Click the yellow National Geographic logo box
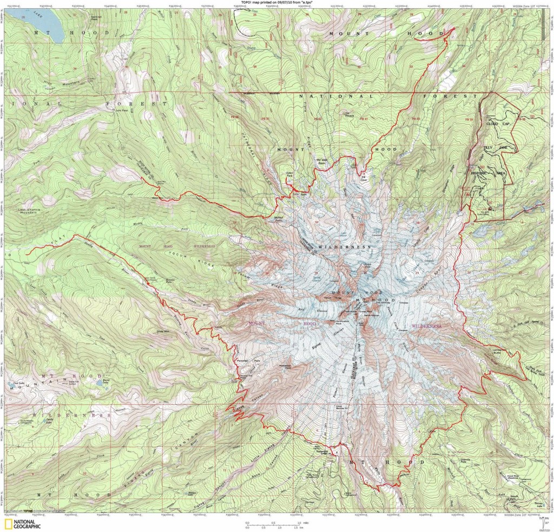coord(9,523)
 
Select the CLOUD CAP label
coord(499,124)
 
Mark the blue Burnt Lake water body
coord(105,381)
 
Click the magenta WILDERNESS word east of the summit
coord(426,326)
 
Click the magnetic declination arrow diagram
coord(544,521)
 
